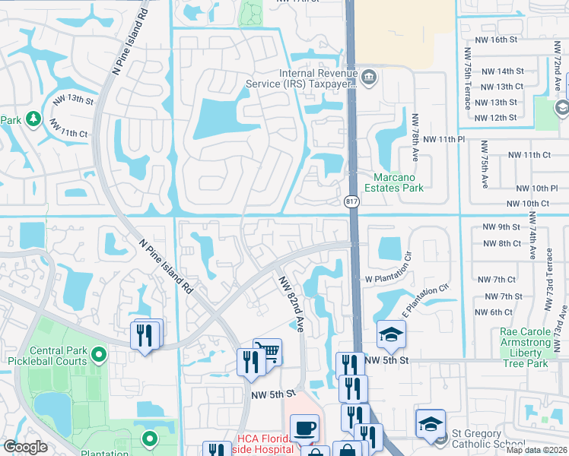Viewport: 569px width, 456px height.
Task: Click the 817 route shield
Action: [x=351, y=201]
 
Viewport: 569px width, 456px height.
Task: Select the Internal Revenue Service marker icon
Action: [x=369, y=76]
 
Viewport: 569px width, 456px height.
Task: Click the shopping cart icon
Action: [x=267, y=352]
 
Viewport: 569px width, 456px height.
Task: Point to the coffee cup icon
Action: [x=304, y=428]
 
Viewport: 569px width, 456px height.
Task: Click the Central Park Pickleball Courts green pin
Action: [x=97, y=353]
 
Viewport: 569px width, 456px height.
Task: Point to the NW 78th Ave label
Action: [x=415, y=135]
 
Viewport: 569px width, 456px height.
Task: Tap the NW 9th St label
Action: [x=501, y=227]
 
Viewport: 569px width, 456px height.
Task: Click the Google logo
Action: [x=26, y=448]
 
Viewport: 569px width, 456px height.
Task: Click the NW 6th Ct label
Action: [x=494, y=312]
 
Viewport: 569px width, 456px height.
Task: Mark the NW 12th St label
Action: [x=495, y=118]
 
